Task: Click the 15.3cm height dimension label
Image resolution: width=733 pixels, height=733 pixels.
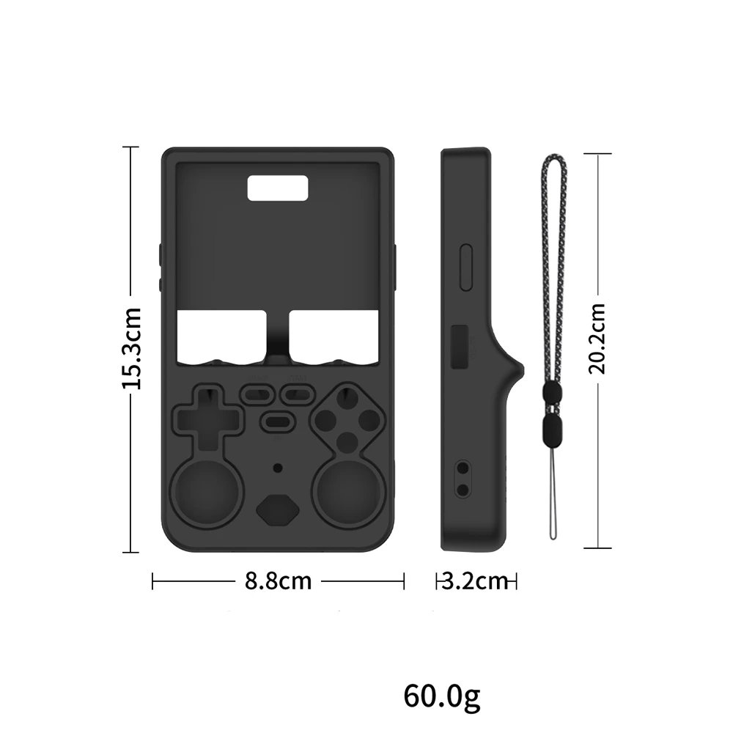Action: pyautogui.click(x=131, y=347)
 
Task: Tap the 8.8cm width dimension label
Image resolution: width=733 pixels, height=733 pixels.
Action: pyautogui.click(x=279, y=581)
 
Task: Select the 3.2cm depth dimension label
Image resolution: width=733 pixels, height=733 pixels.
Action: pyautogui.click(x=476, y=581)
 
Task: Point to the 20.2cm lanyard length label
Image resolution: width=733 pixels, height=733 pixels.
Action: pyautogui.click(x=599, y=338)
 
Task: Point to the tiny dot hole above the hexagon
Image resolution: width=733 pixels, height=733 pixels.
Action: pyautogui.click(x=277, y=467)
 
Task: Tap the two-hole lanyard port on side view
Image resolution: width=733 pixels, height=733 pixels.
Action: pyautogui.click(x=463, y=478)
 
